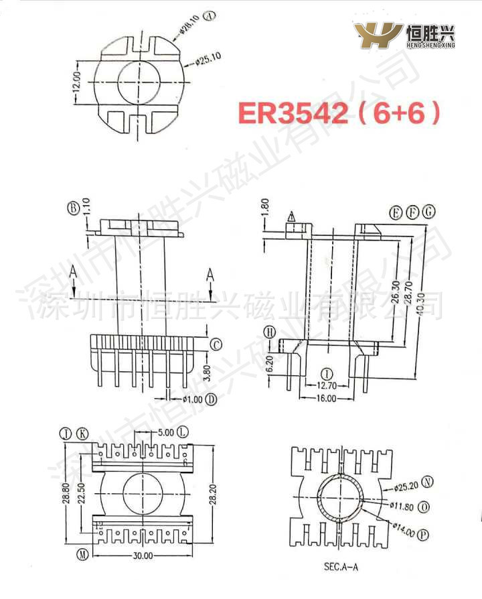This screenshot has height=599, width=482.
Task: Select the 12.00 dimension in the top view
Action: pyautogui.click(x=77, y=83)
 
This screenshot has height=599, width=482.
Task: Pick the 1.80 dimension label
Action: pyautogui.click(x=265, y=206)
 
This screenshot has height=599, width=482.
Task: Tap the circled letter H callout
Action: pyautogui.click(x=269, y=332)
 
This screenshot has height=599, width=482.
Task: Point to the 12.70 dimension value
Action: pyautogui.click(x=327, y=385)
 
